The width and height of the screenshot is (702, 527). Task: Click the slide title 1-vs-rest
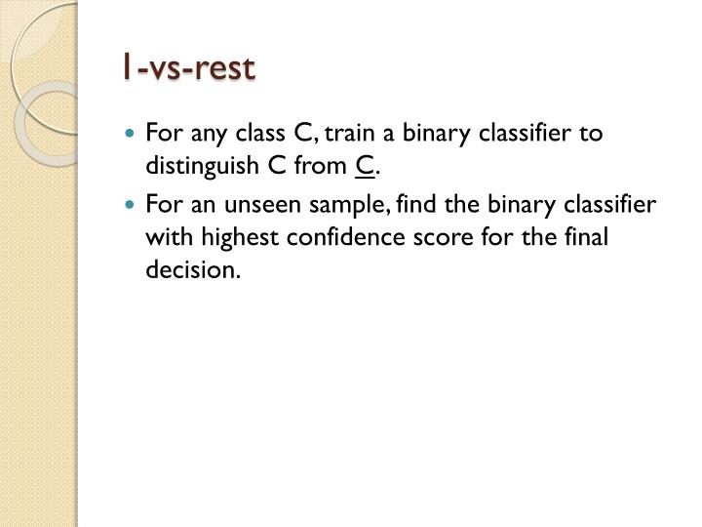(x=188, y=68)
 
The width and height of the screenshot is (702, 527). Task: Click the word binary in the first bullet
(x=437, y=133)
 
